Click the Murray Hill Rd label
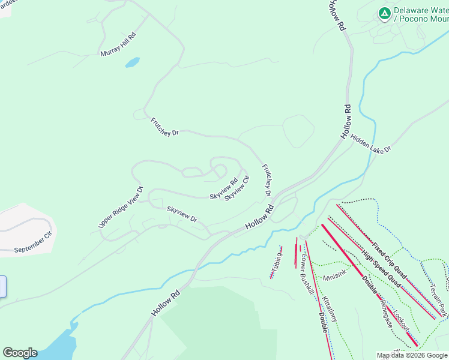[x=118, y=44]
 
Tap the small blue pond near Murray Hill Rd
[x=132, y=62]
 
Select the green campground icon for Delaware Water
[x=384, y=12]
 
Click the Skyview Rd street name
[x=223, y=188]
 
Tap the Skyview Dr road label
[x=182, y=214]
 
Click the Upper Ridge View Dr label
[x=121, y=207]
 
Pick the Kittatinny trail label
[x=330, y=308]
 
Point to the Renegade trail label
[x=385, y=312]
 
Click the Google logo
[x=20, y=353]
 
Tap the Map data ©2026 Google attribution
[x=412, y=355]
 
